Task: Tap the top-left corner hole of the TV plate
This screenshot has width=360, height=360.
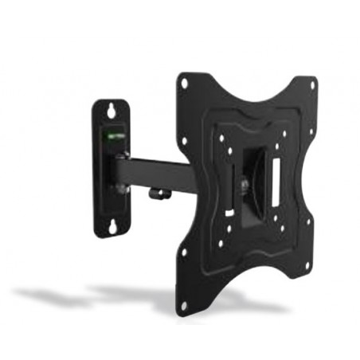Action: pos(186,82)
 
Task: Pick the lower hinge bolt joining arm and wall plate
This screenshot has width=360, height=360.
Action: pos(120,189)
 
